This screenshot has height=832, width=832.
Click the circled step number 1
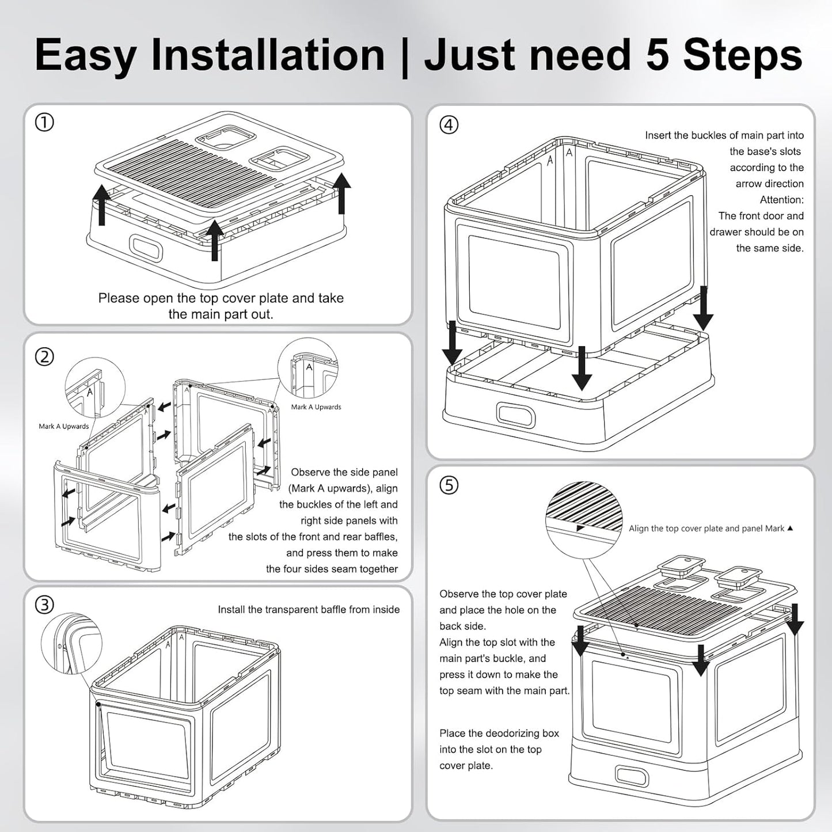tap(44, 123)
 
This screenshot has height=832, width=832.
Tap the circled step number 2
tap(44, 357)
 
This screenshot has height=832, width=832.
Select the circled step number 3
tap(44, 605)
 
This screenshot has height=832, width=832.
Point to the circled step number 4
tap(449, 125)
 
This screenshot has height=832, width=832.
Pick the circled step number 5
tap(449, 485)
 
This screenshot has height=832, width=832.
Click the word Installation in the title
tap(268, 55)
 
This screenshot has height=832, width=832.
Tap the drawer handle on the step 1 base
tap(146, 248)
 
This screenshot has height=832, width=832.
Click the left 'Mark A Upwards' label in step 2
tap(64, 427)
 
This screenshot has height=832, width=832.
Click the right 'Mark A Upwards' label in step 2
tap(316, 407)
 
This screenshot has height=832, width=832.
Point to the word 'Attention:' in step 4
tap(781, 200)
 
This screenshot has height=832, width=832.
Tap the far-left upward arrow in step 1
tap(102, 205)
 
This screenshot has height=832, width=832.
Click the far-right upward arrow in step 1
tap(341, 193)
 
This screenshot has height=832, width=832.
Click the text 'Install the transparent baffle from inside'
tap(309, 610)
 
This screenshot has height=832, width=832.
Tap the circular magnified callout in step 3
tap(71, 643)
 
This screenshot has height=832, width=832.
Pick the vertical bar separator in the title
tap(404, 56)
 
